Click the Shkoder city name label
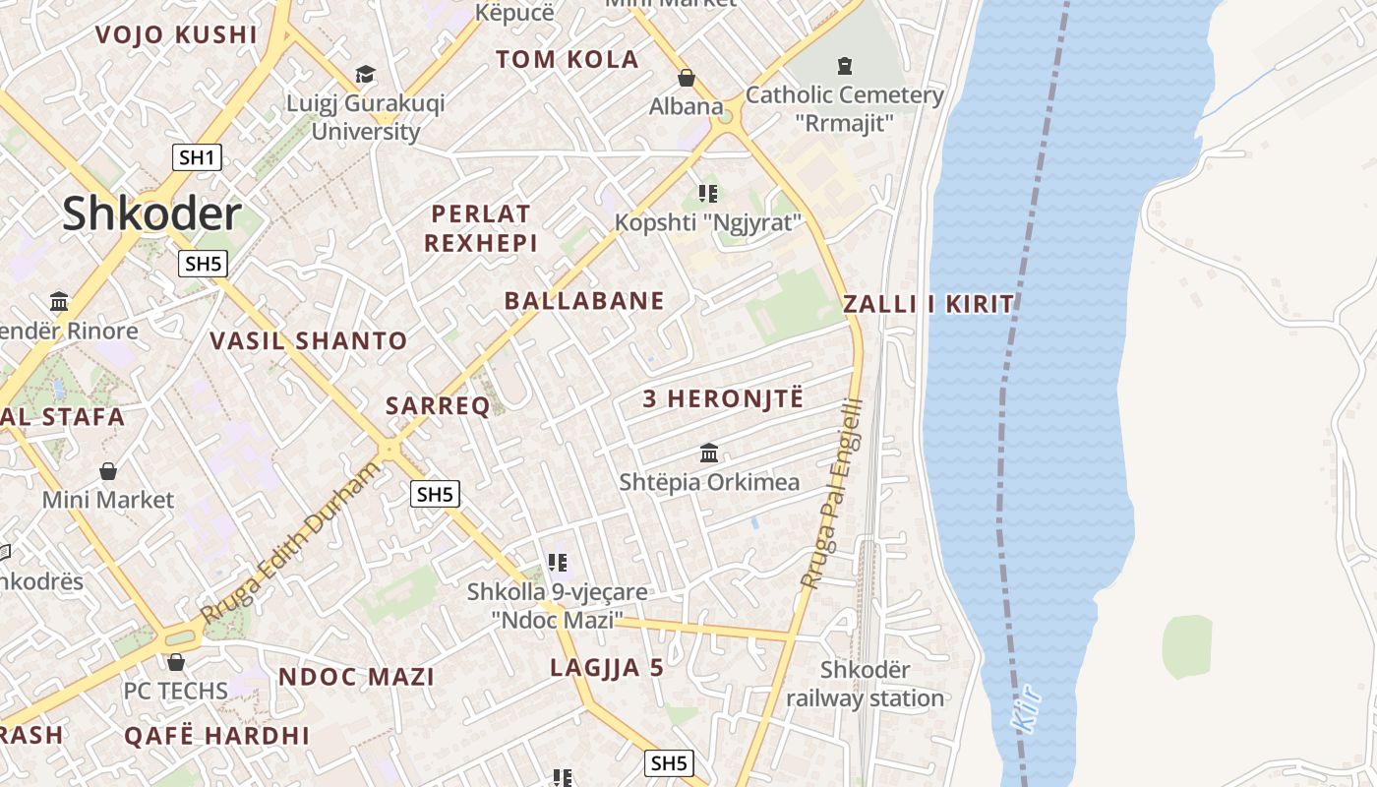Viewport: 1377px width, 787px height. click(x=151, y=213)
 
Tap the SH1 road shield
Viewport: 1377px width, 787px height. click(x=197, y=157)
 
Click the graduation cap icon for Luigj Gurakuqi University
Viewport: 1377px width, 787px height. click(x=365, y=75)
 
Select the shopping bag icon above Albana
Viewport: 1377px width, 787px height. click(x=686, y=78)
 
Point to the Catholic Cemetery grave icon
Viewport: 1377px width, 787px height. click(x=844, y=66)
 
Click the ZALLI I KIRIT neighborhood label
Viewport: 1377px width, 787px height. click(x=928, y=304)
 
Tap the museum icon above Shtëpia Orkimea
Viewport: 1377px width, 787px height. click(x=709, y=454)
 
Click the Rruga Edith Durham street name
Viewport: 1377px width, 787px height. click(x=290, y=543)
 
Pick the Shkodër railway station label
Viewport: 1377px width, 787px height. click(x=865, y=685)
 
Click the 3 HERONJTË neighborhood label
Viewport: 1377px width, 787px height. click(x=723, y=398)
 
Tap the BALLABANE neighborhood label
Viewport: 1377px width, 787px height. click(x=584, y=301)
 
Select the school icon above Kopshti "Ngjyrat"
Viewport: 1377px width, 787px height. click(x=708, y=194)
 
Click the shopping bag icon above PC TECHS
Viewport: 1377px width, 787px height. click(x=176, y=662)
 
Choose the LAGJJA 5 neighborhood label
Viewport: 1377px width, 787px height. click(x=607, y=668)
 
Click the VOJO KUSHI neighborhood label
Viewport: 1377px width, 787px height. click(x=176, y=35)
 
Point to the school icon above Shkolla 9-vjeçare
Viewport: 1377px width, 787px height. click(x=558, y=564)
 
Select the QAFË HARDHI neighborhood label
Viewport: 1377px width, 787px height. click(x=216, y=736)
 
